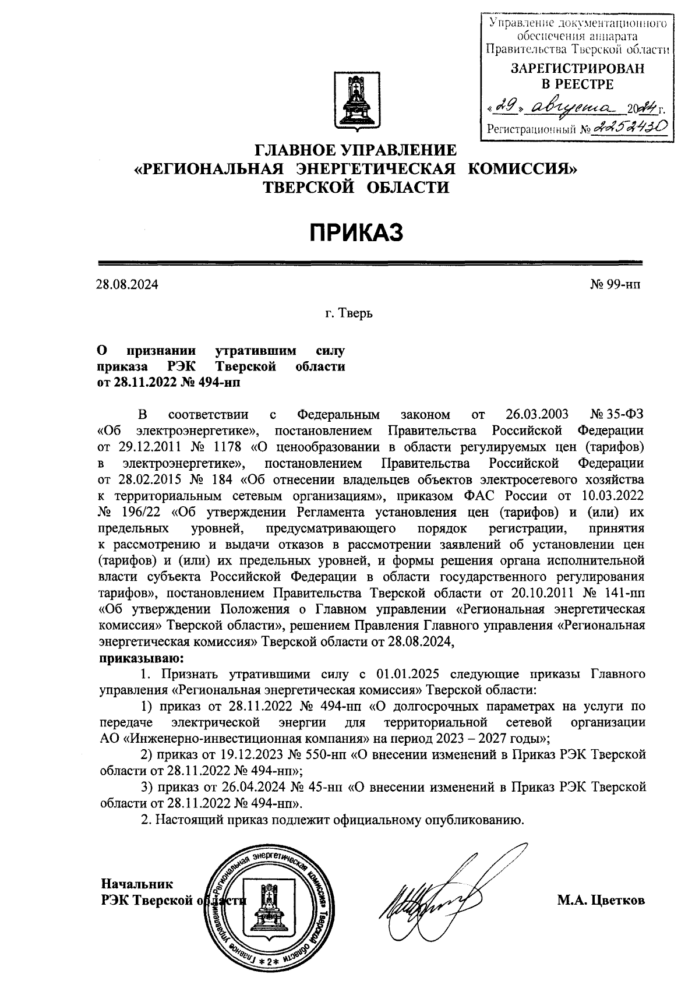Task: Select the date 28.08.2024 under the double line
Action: pyautogui.click(x=127, y=285)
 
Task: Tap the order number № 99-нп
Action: pyautogui.click(x=617, y=285)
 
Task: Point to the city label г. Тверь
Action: pyautogui.click(x=348, y=313)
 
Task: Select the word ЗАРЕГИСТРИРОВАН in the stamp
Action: pyautogui.click(x=578, y=69)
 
